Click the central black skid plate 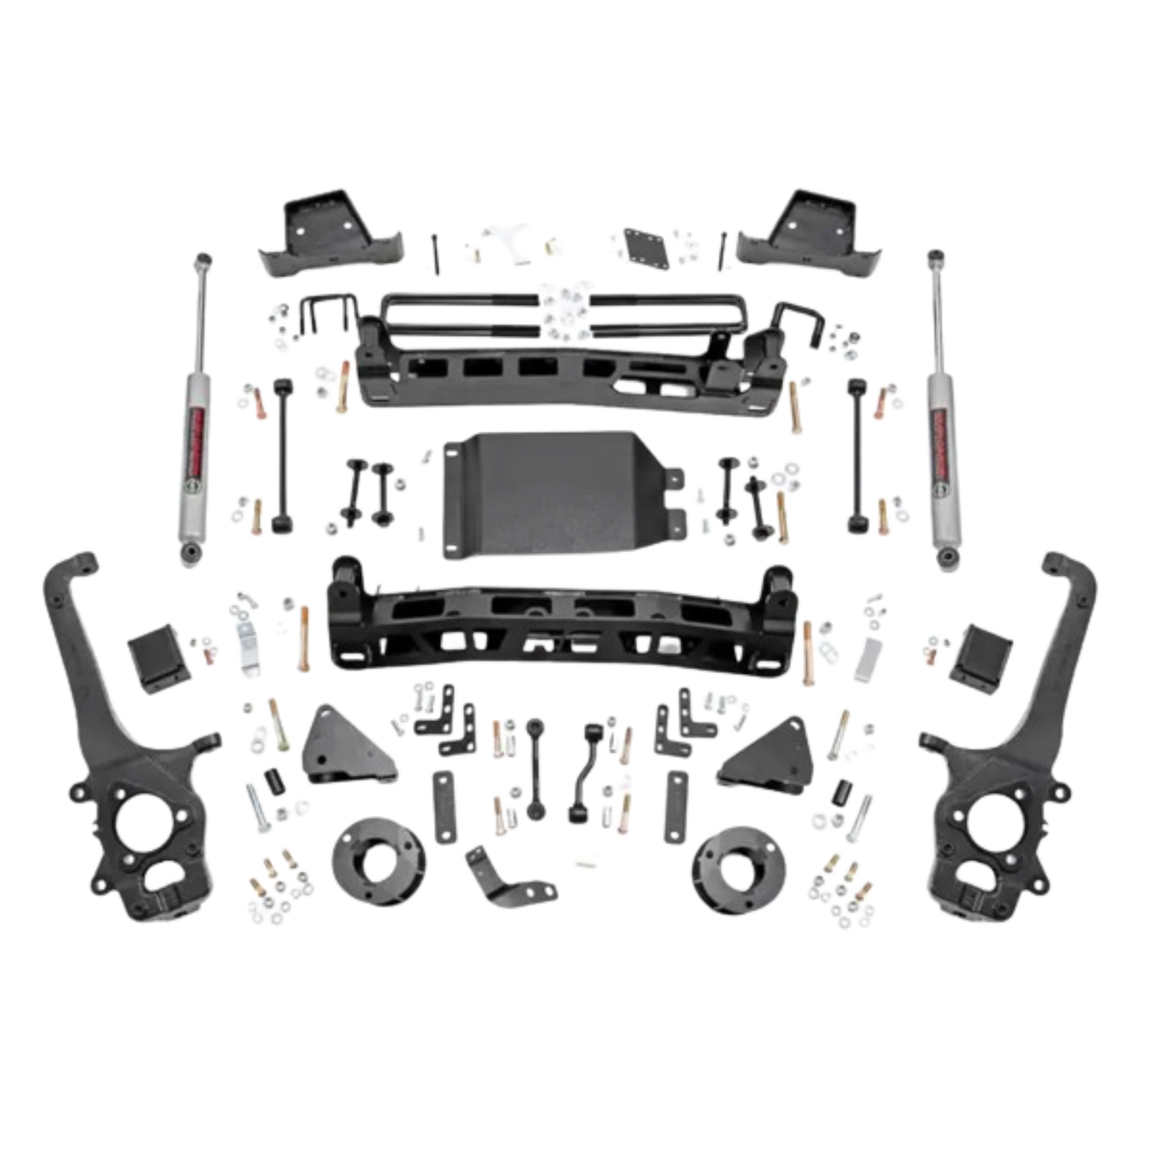tap(556, 498)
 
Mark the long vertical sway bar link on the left tap(281, 458)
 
